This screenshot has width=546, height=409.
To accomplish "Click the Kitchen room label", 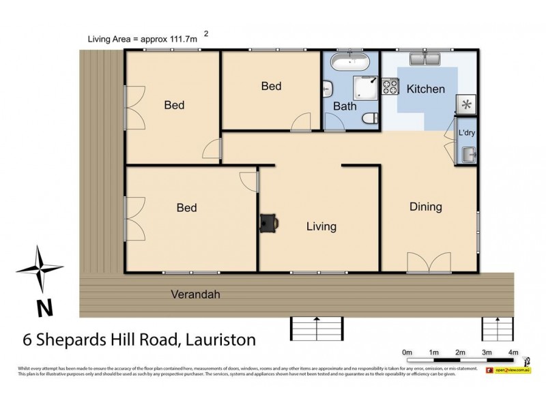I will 425,89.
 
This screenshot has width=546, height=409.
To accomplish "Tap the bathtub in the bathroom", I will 350,62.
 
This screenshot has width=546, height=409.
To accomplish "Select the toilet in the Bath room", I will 369,119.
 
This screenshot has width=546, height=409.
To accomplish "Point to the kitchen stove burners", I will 390,87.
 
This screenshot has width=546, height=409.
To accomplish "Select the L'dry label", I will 467,132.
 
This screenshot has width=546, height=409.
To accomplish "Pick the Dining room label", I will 426,207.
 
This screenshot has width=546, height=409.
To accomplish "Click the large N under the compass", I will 44,308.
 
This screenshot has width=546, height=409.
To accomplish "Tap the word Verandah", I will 195,294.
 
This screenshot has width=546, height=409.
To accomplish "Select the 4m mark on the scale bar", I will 513,352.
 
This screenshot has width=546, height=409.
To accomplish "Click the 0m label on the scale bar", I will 407,352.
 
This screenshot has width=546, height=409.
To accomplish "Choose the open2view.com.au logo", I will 508,370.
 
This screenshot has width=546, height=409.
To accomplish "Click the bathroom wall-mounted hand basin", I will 328,89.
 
